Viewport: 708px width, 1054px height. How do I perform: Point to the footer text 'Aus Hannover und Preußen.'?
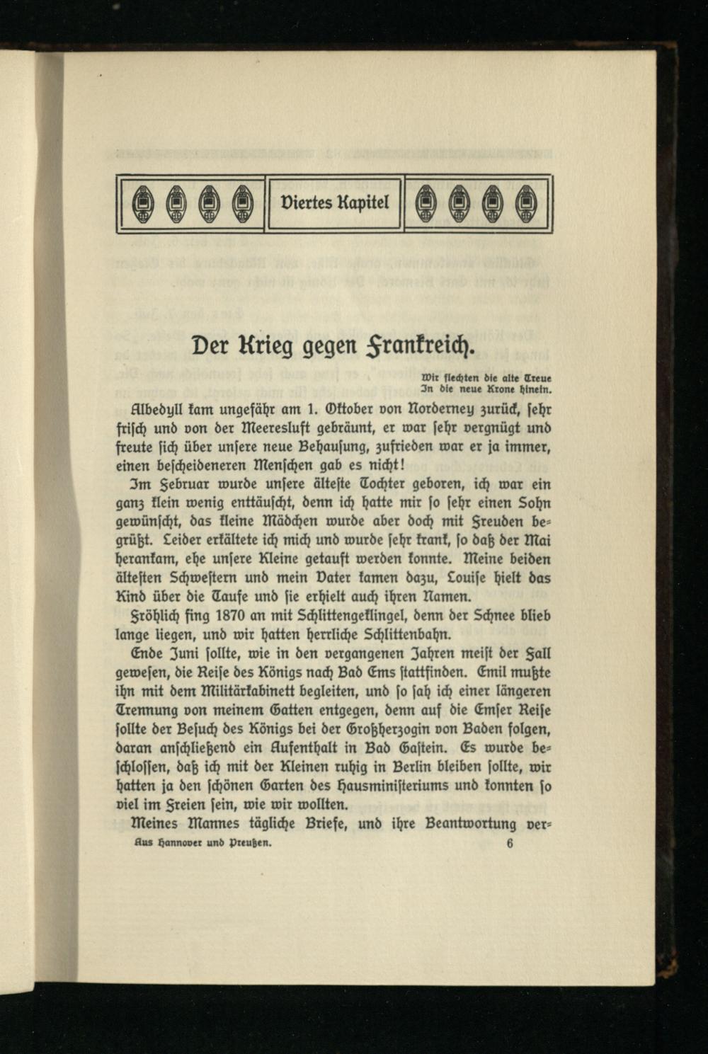tap(202, 844)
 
